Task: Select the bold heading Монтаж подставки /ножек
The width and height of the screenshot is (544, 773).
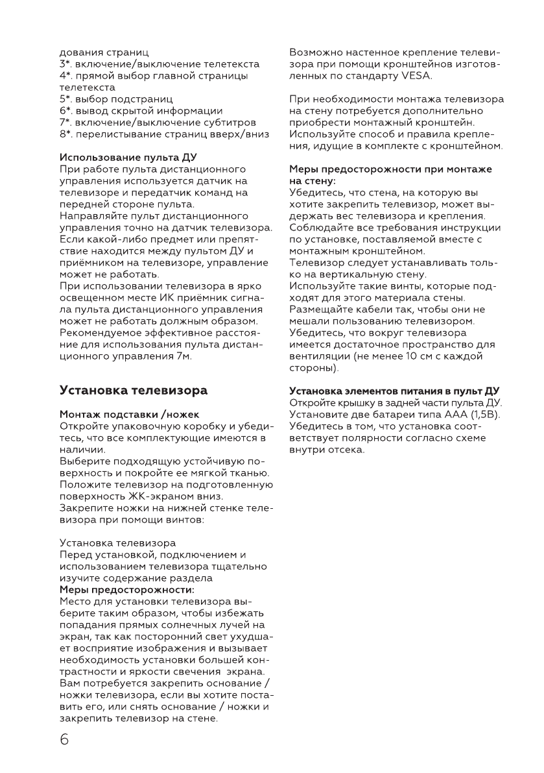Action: (x=129, y=414)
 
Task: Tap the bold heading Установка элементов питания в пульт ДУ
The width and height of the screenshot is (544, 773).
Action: (x=394, y=391)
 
